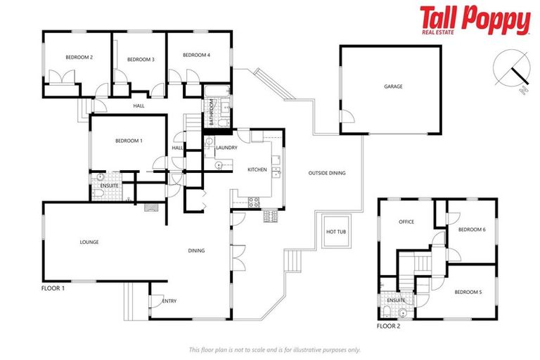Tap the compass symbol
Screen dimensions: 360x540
(x=511, y=68)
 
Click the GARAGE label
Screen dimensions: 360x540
(x=392, y=86)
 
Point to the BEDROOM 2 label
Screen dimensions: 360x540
(x=79, y=57)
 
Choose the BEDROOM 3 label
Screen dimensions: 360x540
(x=141, y=60)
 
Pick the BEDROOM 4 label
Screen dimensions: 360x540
(x=197, y=55)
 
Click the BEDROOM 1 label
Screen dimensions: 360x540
(x=129, y=141)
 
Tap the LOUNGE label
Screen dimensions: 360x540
(x=89, y=242)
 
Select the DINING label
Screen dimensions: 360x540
(x=196, y=250)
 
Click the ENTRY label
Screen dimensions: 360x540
(x=169, y=301)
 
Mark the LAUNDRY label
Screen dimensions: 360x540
(x=226, y=148)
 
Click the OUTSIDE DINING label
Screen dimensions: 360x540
(x=327, y=173)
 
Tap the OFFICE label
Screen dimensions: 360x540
(x=406, y=221)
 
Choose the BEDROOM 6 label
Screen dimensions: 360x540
(x=472, y=229)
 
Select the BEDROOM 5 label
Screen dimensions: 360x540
(x=468, y=292)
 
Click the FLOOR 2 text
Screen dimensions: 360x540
(x=388, y=326)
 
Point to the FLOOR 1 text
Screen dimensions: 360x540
(x=53, y=288)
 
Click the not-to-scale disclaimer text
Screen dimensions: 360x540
(x=274, y=349)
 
